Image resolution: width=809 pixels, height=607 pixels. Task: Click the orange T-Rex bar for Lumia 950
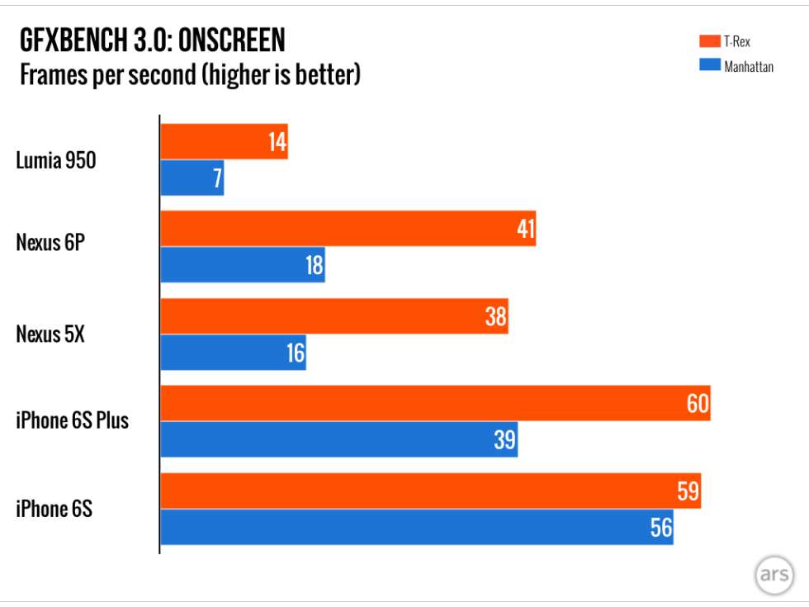click(215, 142)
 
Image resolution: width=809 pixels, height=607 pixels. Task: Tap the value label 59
click(687, 491)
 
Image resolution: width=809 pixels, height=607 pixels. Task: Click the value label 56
click(661, 527)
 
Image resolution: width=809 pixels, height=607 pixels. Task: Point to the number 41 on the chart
click(526, 229)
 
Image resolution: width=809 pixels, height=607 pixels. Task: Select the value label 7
click(218, 178)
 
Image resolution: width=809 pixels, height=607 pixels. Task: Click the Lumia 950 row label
click(56, 160)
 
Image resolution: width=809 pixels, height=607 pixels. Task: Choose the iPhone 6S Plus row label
click(73, 420)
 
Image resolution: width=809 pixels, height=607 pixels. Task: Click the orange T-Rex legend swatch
click(709, 41)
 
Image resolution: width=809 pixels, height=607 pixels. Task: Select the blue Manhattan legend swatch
click(709, 65)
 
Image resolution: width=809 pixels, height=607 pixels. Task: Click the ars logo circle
click(774, 576)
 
